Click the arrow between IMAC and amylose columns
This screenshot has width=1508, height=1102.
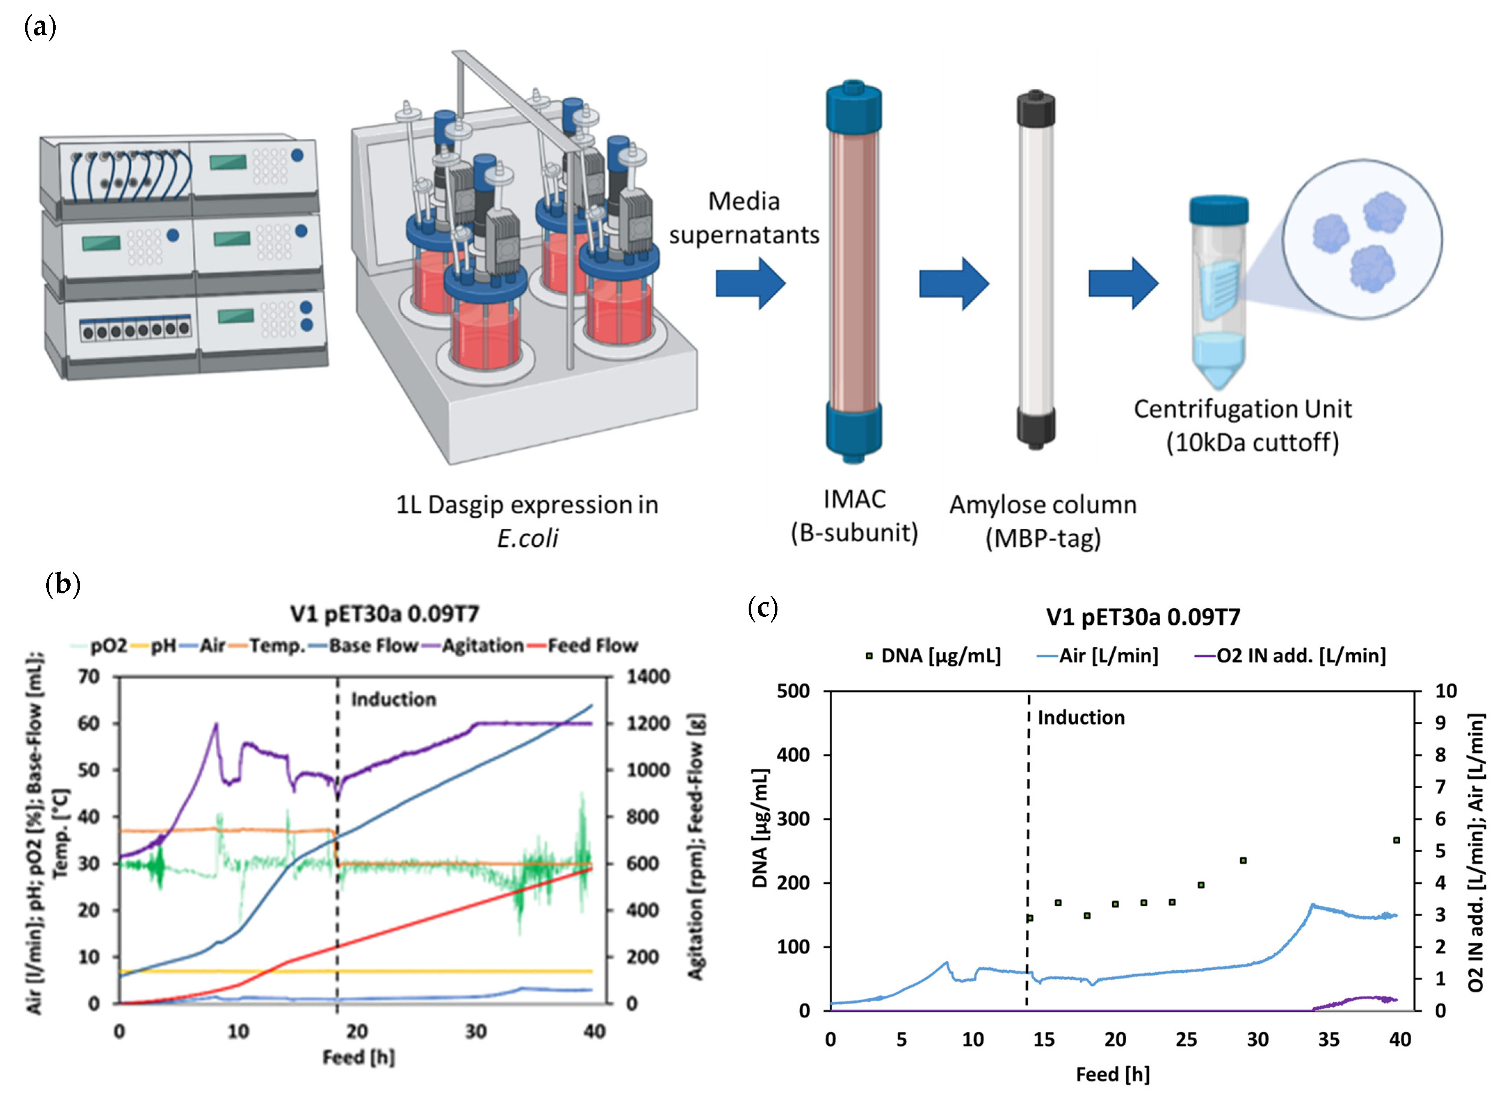(x=953, y=284)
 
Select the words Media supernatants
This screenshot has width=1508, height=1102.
(x=744, y=218)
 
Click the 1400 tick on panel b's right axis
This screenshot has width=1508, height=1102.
(x=647, y=677)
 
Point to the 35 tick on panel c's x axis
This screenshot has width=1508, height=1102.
(x=1329, y=1039)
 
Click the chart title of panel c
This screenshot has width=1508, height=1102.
(x=1143, y=617)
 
